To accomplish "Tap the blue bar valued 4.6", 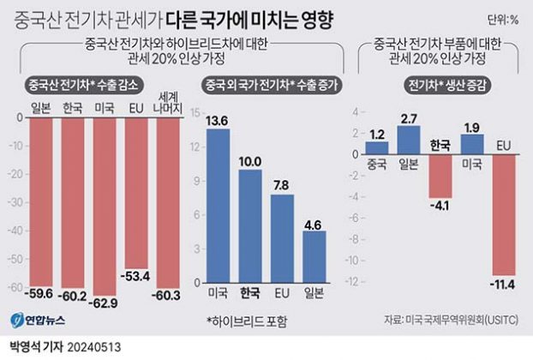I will pyautogui.click(x=314, y=257).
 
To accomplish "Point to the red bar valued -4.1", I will pyautogui.click(x=440, y=175).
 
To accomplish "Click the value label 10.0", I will pyautogui.click(x=250, y=160).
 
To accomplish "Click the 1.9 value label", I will pyautogui.click(x=471, y=127).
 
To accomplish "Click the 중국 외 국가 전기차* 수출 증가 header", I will pyautogui.click(x=266, y=85).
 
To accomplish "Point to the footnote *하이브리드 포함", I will pyautogui.click(x=249, y=321).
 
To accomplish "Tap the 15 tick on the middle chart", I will pyautogui.click(x=195, y=113).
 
